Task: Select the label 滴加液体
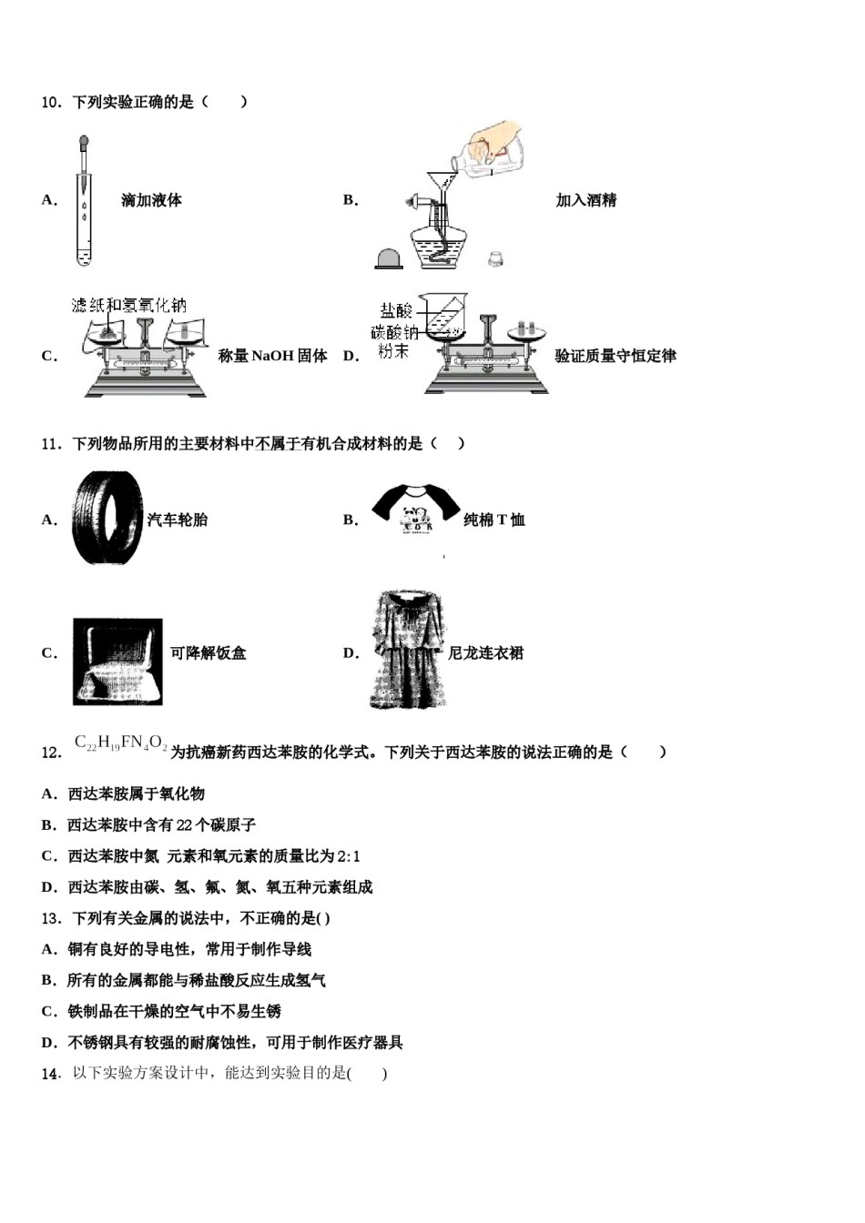pos(151,200)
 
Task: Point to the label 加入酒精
pos(585,200)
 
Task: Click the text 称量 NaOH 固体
pos(273,356)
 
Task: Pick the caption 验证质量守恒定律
pos(616,356)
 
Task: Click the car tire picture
pos(107,518)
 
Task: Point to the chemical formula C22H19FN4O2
pos(120,744)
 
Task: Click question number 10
pos(50,102)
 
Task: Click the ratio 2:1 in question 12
pos(349,856)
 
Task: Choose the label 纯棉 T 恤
pos(494,520)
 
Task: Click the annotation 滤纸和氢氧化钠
pos(128,306)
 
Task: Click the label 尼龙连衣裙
pos(485,652)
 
